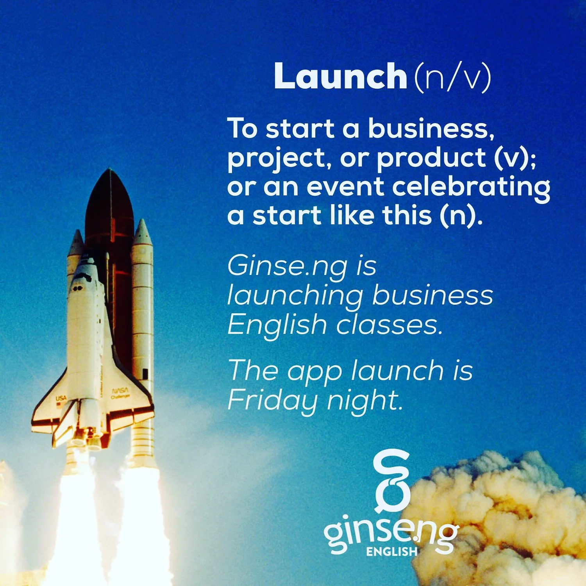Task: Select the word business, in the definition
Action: point(431,129)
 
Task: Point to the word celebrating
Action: point(471,188)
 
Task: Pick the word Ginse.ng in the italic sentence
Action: point(287,266)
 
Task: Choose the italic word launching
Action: point(295,296)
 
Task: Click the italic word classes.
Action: point(389,325)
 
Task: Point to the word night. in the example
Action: point(364,400)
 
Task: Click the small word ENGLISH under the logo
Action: point(392,552)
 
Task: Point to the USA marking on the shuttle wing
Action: point(61,398)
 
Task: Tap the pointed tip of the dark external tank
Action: point(110,172)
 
